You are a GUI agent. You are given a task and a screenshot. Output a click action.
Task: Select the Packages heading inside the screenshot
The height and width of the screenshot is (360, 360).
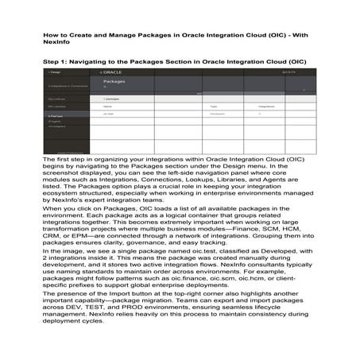tap(114, 81)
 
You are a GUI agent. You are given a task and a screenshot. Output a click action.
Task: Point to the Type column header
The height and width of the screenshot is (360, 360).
tap(214, 106)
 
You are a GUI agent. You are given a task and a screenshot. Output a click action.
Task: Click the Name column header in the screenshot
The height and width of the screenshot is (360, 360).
tap(107, 106)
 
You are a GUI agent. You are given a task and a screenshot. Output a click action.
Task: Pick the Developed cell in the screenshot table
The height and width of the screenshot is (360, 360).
tap(218, 114)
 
